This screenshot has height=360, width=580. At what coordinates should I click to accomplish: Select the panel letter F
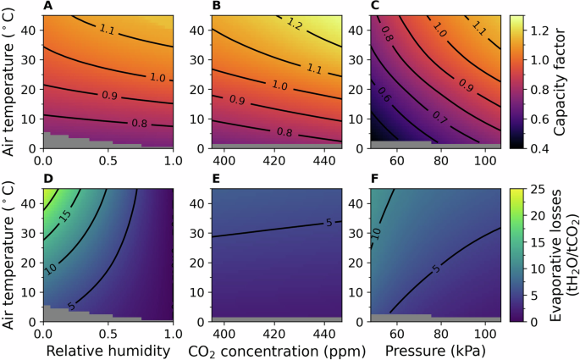tap(375, 179)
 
